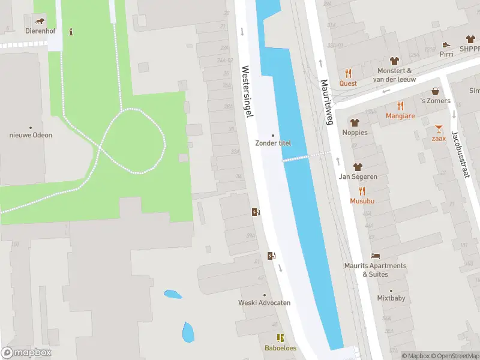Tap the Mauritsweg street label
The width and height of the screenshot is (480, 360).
point(327,102)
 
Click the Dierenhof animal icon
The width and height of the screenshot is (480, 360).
point(39,22)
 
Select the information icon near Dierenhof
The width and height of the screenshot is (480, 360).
point(71,31)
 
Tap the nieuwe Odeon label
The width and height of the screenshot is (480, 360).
point(31,135)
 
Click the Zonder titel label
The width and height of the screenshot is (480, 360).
point(273,143)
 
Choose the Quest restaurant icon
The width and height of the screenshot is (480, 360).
point(348,73)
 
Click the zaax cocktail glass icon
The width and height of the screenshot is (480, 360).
point(439,128)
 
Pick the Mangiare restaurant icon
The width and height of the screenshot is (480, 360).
point(400,106)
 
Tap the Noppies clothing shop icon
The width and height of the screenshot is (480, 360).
point(355,122)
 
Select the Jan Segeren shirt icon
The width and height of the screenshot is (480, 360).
point(358,167)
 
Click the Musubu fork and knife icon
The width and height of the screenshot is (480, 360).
point(362,191)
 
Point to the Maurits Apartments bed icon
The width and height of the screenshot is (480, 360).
point(375,256)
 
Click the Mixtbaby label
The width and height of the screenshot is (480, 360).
point(391,298)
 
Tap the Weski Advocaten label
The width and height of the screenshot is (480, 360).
point(265,302)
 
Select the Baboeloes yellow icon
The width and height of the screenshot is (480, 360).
point(280,338)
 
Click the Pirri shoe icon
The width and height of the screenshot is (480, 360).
point(446,44)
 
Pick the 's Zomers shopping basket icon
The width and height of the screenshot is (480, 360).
point(434,91)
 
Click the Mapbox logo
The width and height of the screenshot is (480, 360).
point(26,353)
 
